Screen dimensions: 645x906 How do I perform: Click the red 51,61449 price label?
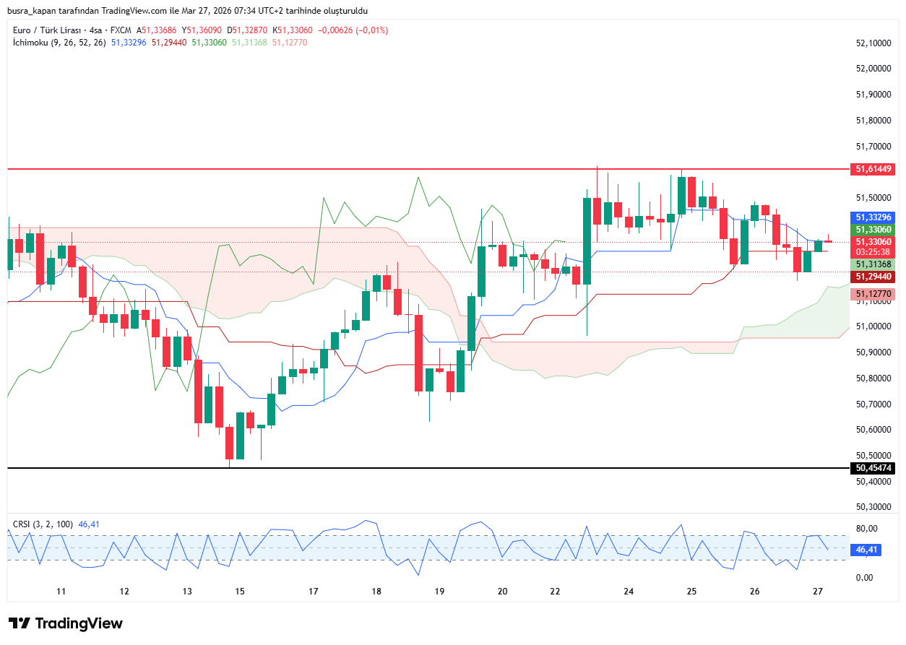(x=874, y=169)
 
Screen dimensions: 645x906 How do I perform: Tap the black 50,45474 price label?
(x=874, y=468)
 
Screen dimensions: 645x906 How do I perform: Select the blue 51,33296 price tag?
(x=874, y=217)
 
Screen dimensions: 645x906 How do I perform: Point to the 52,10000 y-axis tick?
(x=873, y=43)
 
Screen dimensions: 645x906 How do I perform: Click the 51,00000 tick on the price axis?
(x=873, y=326)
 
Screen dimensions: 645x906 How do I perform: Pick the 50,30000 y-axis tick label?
(x=873, y=507)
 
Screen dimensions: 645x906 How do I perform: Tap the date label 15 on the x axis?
(x=240, y=592)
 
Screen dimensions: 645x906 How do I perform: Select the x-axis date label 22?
(x=555, y=592)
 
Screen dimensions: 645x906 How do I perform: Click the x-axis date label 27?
(x=818, y=592)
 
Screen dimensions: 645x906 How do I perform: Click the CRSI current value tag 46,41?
(x=866, y=550)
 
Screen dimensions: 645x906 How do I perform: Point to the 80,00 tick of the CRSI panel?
(x=866, y=529)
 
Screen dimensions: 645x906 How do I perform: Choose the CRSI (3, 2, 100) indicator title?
(x=43, y=524)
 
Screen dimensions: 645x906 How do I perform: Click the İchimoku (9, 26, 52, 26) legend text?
(x=59, y=43)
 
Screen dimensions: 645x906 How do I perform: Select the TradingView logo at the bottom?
(x=66, y=623)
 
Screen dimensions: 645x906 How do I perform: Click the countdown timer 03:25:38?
(x=874, y=252)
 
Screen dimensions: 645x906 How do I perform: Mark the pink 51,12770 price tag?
(x=874, y=294)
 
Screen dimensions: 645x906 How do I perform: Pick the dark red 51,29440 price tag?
(x=874, y=277)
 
